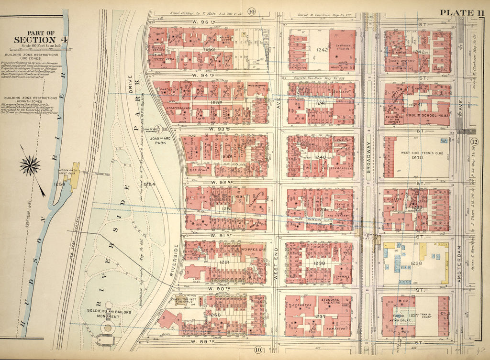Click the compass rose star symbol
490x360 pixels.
tap(30, 166)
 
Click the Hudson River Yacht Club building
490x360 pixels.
tap(75, 177)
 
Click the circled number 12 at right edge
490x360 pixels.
tap(474, 142)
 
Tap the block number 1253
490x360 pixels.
tap(209, 49)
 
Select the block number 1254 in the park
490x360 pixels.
tap(149, 184)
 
